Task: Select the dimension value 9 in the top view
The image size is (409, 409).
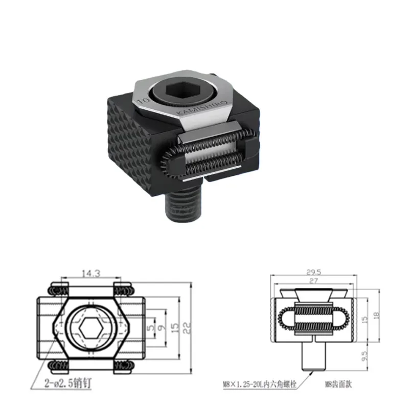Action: (163, 326)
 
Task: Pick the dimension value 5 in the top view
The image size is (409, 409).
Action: (151, 326)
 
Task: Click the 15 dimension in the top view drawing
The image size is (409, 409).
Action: (175, 326)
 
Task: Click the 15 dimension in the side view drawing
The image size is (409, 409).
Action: (365, 319)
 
